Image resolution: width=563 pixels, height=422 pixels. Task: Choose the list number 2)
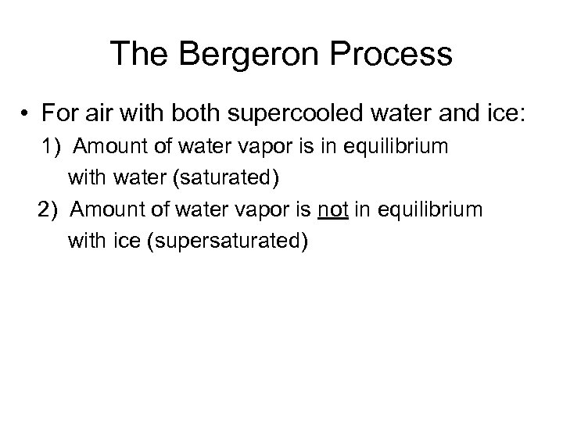click(49, 210)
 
